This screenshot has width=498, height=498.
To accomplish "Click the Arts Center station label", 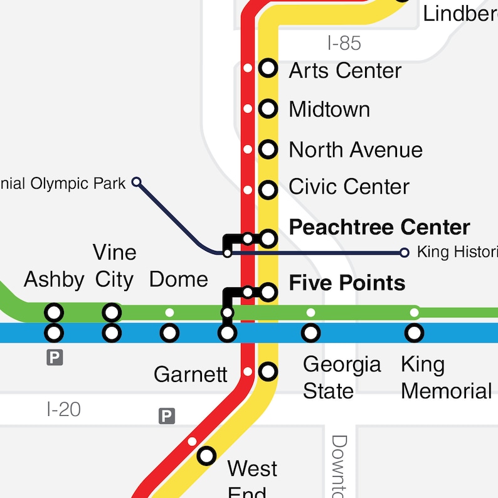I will click(344, 70).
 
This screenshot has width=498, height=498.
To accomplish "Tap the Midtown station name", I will click(329, 110).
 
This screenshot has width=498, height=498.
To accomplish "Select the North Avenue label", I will click(355, 150).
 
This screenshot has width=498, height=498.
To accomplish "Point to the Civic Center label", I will click(349, 187).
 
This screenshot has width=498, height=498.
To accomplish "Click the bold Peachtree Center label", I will click(379, 227).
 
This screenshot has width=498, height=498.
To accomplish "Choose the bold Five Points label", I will click(346, 283).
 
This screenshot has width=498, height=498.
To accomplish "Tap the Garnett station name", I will click(191, 374).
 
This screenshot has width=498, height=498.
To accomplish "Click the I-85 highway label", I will click(344, 43).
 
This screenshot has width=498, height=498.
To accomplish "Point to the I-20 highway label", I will click(64, 410).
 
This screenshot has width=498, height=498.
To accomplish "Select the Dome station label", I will click(178, 280).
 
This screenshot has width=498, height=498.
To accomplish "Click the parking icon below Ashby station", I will click(55, 358).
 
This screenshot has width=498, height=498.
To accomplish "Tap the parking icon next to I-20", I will click(166, 416).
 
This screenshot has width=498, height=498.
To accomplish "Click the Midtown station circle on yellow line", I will click(268, 109).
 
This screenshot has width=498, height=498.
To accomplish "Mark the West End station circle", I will click(206, 456).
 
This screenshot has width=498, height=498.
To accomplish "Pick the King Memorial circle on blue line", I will click(413, 333).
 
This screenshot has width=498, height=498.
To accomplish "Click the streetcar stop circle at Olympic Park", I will click(136, 183).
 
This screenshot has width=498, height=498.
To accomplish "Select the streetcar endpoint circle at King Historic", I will click(405, 253).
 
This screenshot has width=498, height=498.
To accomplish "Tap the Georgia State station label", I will click(342, 378).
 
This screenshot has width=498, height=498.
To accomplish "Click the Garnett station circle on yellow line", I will click(268, 371).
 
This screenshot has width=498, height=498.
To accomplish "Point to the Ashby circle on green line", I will click(55, 312).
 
